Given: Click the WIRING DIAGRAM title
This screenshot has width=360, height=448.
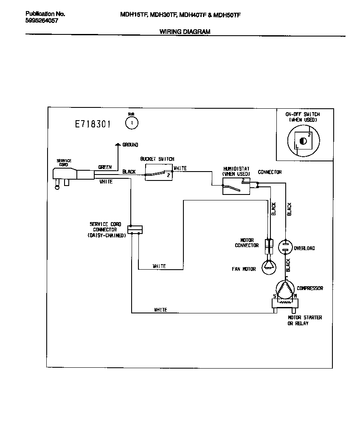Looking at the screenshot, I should click(x=185, y=31).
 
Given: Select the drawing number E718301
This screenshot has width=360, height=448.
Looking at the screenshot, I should click(x=93, y=124).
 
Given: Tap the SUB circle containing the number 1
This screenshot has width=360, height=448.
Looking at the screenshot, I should click(x=132, y=123).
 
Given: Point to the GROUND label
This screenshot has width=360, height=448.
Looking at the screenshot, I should click(x=130, y=145).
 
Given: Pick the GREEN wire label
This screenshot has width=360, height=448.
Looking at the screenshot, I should click(x=105, y=167).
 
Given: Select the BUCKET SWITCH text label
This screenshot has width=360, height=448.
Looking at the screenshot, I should click(x=157, y=159).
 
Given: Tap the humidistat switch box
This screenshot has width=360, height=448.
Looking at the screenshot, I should click(x=236, y=186).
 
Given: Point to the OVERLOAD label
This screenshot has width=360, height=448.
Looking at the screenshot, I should click(x=304, y=248).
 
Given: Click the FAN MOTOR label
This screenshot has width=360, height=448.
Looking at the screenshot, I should click(x=244, y=269).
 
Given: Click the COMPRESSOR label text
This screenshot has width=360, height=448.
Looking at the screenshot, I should click(x=310, y=288).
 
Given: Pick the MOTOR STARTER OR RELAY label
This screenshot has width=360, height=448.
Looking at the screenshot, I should click(x=305, y=321).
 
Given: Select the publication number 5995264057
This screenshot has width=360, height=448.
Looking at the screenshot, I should click(x=42, y=20).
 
